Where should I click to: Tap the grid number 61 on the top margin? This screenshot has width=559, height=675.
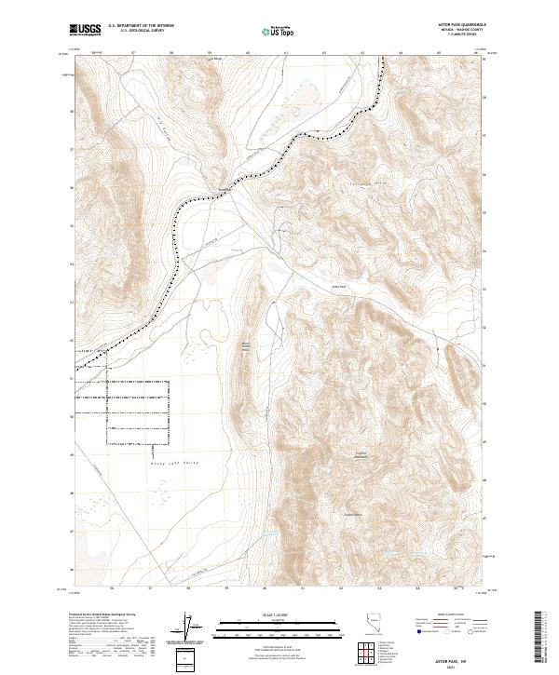point(286,54)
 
